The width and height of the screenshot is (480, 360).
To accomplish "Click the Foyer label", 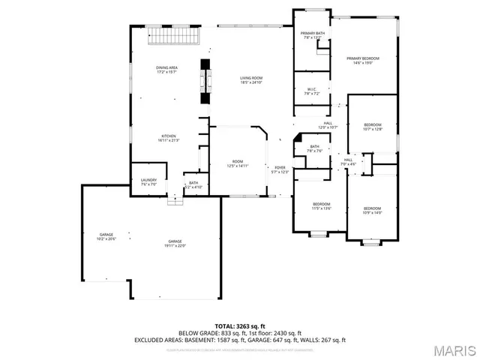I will (x=279, y=169).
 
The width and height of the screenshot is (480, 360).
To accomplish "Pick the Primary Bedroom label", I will (x=362, y=61).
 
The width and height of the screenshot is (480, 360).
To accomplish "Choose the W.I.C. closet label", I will (x=313, y=91).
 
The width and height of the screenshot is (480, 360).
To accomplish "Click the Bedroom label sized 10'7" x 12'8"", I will (x=373, y=127).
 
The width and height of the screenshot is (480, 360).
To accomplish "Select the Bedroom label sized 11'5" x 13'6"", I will (x=321, y=206).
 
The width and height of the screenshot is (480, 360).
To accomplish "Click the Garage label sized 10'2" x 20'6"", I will (x=106, y=237).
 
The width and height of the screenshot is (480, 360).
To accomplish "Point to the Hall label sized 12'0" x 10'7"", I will (x=328, y=125).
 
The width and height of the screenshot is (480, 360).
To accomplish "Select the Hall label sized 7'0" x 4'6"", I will (x=348, y=161).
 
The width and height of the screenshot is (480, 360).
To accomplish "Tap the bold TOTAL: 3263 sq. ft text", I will (x=239, y=326).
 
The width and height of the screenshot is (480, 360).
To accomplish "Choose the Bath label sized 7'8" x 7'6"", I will (x=314, y=148).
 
